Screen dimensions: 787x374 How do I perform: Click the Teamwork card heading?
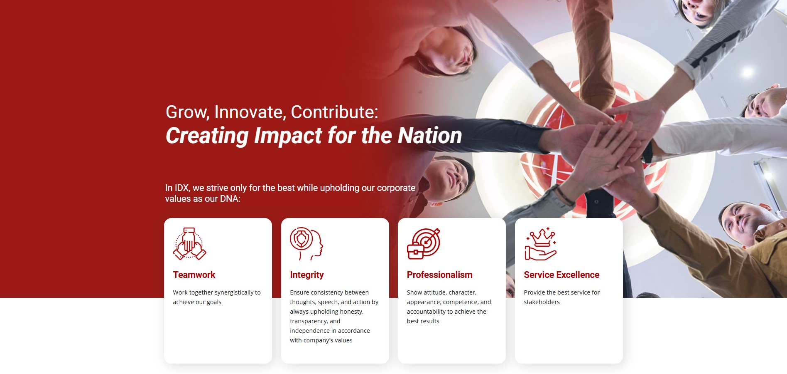pos(194,275)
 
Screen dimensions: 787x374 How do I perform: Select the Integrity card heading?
pos(306,275)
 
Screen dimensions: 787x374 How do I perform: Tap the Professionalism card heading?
pos(439,275)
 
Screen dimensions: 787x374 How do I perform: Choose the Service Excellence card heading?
pos(561,275)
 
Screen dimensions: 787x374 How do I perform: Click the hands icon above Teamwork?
pos(189,244)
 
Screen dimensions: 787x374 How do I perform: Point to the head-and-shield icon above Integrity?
pos(306,244)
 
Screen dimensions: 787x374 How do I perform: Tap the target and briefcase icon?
pos(424,244)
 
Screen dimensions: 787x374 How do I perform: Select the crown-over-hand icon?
pos(541,244)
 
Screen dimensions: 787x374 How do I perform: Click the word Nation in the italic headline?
pos(430,136)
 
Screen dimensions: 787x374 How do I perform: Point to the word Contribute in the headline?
pos(334,112)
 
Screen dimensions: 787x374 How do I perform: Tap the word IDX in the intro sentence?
pos(182,188)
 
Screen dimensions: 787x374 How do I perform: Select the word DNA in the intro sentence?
pos(230,199)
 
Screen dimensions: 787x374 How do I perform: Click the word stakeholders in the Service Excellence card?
pos(542,302)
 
